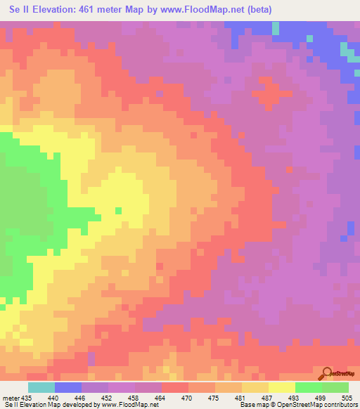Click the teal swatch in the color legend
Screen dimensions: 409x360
point(41,387)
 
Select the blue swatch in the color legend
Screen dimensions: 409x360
point(67,387)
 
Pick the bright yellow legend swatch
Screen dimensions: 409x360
point(281,387)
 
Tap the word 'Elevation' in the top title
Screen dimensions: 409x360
point(51,9)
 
